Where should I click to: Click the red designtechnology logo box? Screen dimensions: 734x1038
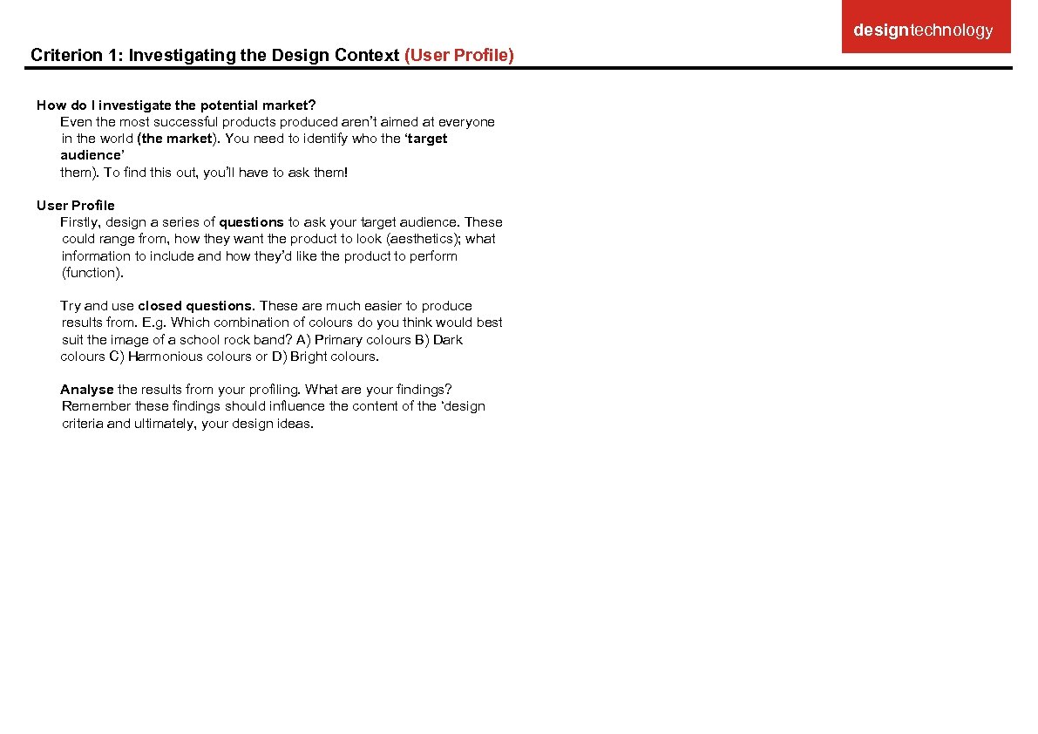926,28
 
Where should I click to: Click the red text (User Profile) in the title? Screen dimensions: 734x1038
459,56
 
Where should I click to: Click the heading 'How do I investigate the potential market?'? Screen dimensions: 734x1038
176,105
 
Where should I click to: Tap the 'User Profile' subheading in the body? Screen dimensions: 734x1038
76,206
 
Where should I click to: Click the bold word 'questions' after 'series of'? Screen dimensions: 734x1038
251,222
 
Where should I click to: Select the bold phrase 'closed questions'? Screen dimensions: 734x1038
195,306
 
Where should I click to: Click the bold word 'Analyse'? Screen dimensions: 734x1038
87,390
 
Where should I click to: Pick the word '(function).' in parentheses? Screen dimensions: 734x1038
93,273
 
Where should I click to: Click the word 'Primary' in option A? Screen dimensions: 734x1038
338,340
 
